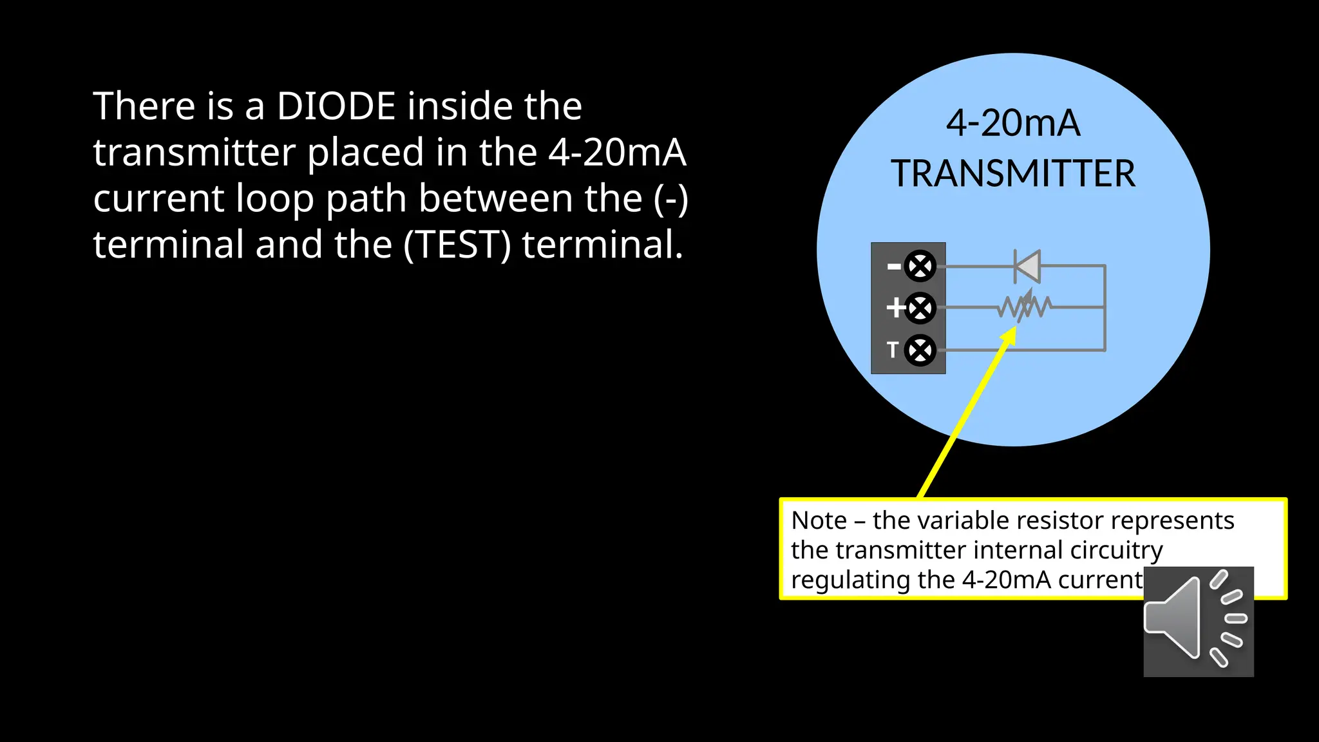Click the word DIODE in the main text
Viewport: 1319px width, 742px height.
click(x=336, y=106)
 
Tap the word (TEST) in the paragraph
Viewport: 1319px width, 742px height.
click(x=457, y=245)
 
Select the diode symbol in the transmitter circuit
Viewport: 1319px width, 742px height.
click(x=1027, y=266)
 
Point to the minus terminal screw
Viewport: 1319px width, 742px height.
click(x=920, y=266)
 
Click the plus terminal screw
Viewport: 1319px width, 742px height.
click(x=920, y=308)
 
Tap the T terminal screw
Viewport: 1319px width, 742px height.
click(x=920, y=350)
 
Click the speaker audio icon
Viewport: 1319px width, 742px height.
click(x=1198, y=622)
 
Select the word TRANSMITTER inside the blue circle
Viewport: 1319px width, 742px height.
click(x=1013, y=174)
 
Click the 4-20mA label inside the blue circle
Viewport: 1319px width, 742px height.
click(x=1013, y=123)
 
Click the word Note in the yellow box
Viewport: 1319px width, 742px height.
click(x=819, y=520)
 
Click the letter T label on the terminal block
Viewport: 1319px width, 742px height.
click(x=892, y=350)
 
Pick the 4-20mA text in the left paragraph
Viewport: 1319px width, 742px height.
click(x=617, y=153)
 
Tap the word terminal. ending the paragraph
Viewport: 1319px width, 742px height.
click(x=602, y=245)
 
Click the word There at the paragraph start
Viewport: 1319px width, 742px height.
click(x=144, y=106)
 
